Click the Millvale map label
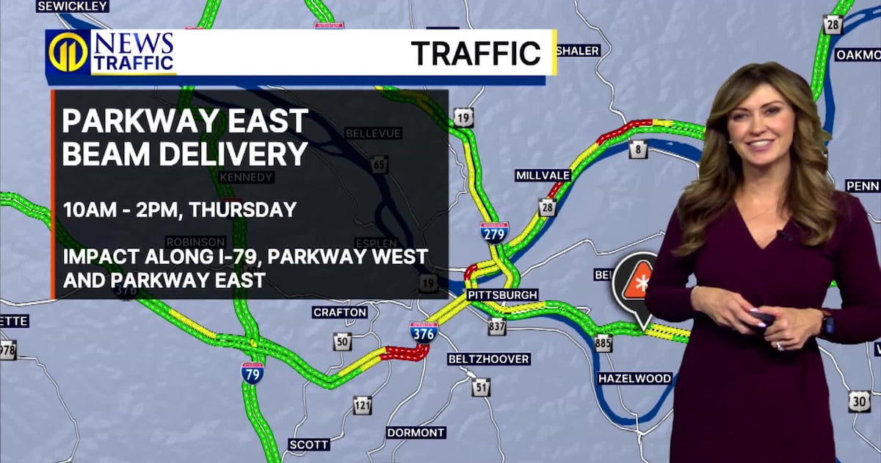click(543, 175)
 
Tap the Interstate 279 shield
click(494, 232)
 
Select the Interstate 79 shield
click(253, 372)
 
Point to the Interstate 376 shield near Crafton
click(424, 331)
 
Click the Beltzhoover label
click(488, 359)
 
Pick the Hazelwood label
click(634, 378)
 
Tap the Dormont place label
click(416, 432)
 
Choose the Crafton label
click(339, 312)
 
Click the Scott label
click(308, 445)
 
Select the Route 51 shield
click(481, 387)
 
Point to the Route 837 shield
click(497, 326)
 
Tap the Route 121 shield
click(362, 405)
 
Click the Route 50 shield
click(342, 341)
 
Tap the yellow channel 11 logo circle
click(68, 52)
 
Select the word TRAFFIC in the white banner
click(475, 53)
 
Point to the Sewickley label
click(72, 6)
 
